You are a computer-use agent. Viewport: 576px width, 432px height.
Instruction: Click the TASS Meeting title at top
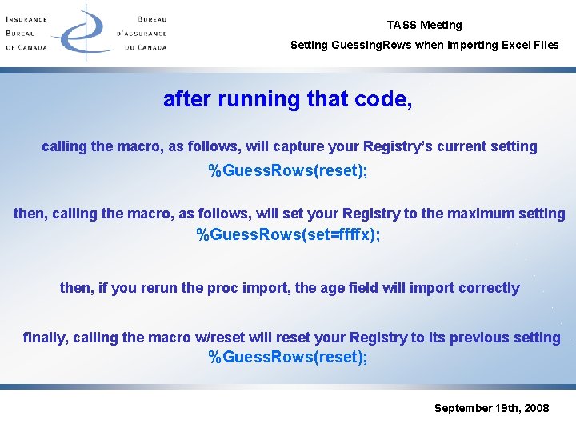click(424, 25)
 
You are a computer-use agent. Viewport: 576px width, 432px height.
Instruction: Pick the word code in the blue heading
click(382, 100)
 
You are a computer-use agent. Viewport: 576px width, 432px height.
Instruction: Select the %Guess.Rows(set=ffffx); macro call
click(288, 235)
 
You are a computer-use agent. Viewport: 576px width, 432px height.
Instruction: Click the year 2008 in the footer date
click(535, 408)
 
